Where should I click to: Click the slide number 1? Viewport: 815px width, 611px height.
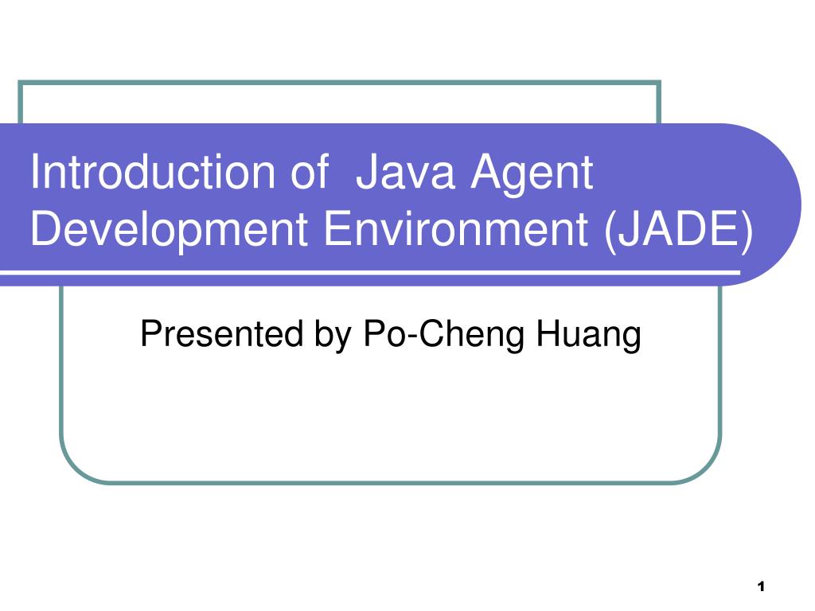click(x=761, y=587)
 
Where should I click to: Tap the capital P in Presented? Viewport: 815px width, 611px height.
click(x=149, y=334)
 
